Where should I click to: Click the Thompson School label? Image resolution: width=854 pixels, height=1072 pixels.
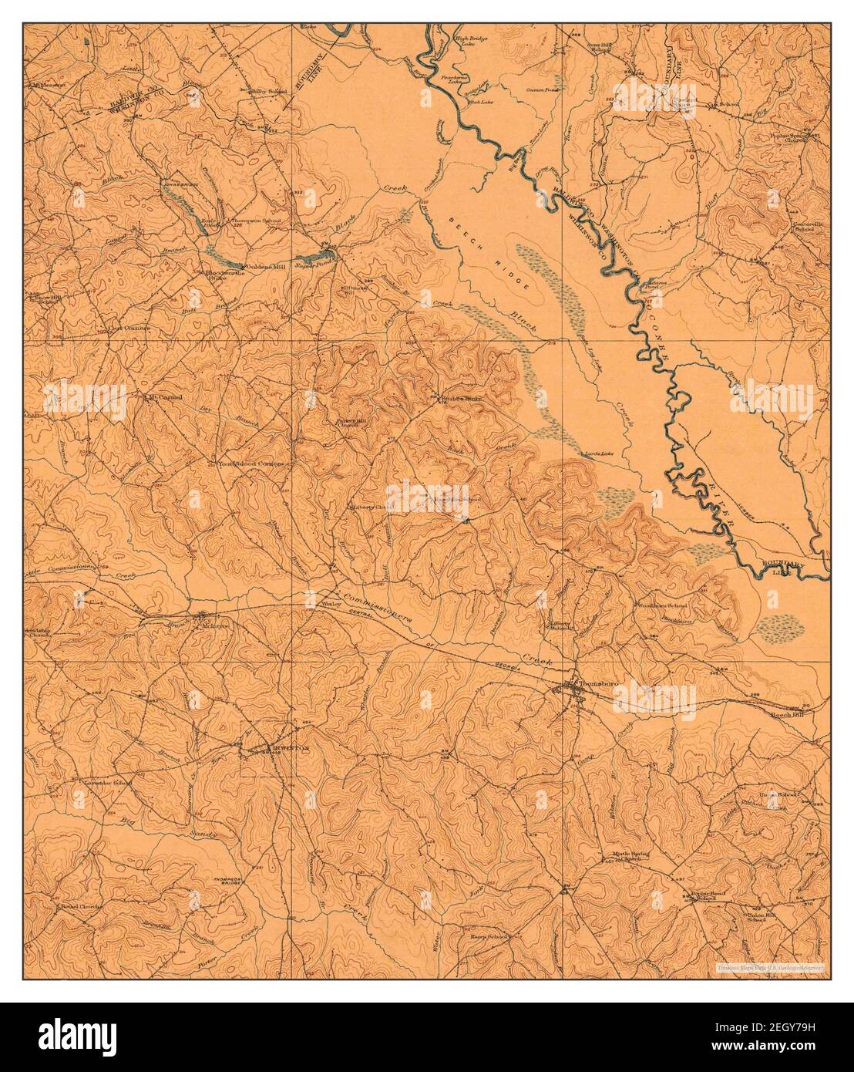coord(257,221)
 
